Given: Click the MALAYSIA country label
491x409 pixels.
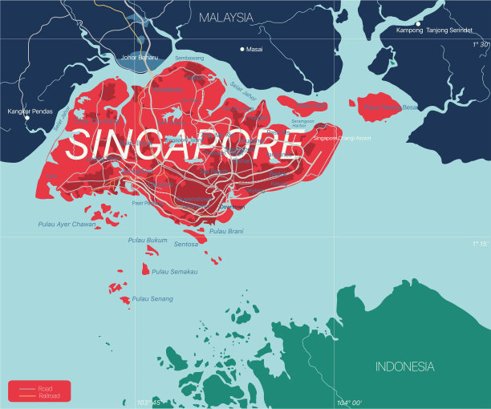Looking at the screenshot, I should [225, 17].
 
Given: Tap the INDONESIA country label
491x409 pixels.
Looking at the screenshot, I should [405, 366].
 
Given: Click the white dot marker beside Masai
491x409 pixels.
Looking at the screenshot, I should [242, 49].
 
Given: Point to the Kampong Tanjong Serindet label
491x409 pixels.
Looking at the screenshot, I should [434, 30].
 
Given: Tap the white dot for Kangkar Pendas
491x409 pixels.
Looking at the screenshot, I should [26, 117].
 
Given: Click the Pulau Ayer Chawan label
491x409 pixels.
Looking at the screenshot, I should [66, 224].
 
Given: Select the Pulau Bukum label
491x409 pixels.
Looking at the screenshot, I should [147, 240].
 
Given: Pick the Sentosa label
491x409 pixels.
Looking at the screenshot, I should [185, 243].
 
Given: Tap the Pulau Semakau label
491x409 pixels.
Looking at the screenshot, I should [174, 272].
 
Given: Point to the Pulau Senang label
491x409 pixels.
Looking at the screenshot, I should [152, 299].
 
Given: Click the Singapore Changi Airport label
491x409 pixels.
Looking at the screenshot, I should [342, 138].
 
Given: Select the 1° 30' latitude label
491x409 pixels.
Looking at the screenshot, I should [480, 45].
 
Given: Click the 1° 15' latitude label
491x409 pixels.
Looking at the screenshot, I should [480, 244].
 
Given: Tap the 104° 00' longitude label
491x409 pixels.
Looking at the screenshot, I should [349, 403].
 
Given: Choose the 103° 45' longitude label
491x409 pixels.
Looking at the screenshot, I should [149, 403].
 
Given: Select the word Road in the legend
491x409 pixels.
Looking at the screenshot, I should [45, 388].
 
